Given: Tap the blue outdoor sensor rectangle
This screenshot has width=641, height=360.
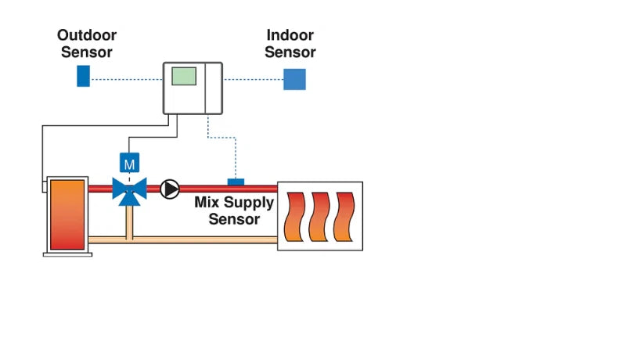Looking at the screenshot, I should pos(83,76).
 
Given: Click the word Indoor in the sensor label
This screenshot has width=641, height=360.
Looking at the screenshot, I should pos(290,36).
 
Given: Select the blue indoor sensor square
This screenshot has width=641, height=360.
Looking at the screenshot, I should pos(294,79).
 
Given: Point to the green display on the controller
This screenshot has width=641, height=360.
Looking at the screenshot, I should pos(184,76).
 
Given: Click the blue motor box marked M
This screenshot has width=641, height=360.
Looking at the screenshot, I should pos(129,164).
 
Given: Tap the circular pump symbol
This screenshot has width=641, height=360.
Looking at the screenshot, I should pos(170,189).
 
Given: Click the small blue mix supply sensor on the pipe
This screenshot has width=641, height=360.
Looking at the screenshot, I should pos(235,182).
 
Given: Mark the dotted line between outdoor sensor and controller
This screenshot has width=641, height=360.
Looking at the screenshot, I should pos(125,78).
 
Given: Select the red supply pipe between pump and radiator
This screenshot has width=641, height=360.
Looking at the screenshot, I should pos(250,189).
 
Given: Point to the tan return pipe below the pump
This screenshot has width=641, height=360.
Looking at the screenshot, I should pos(203,238).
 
